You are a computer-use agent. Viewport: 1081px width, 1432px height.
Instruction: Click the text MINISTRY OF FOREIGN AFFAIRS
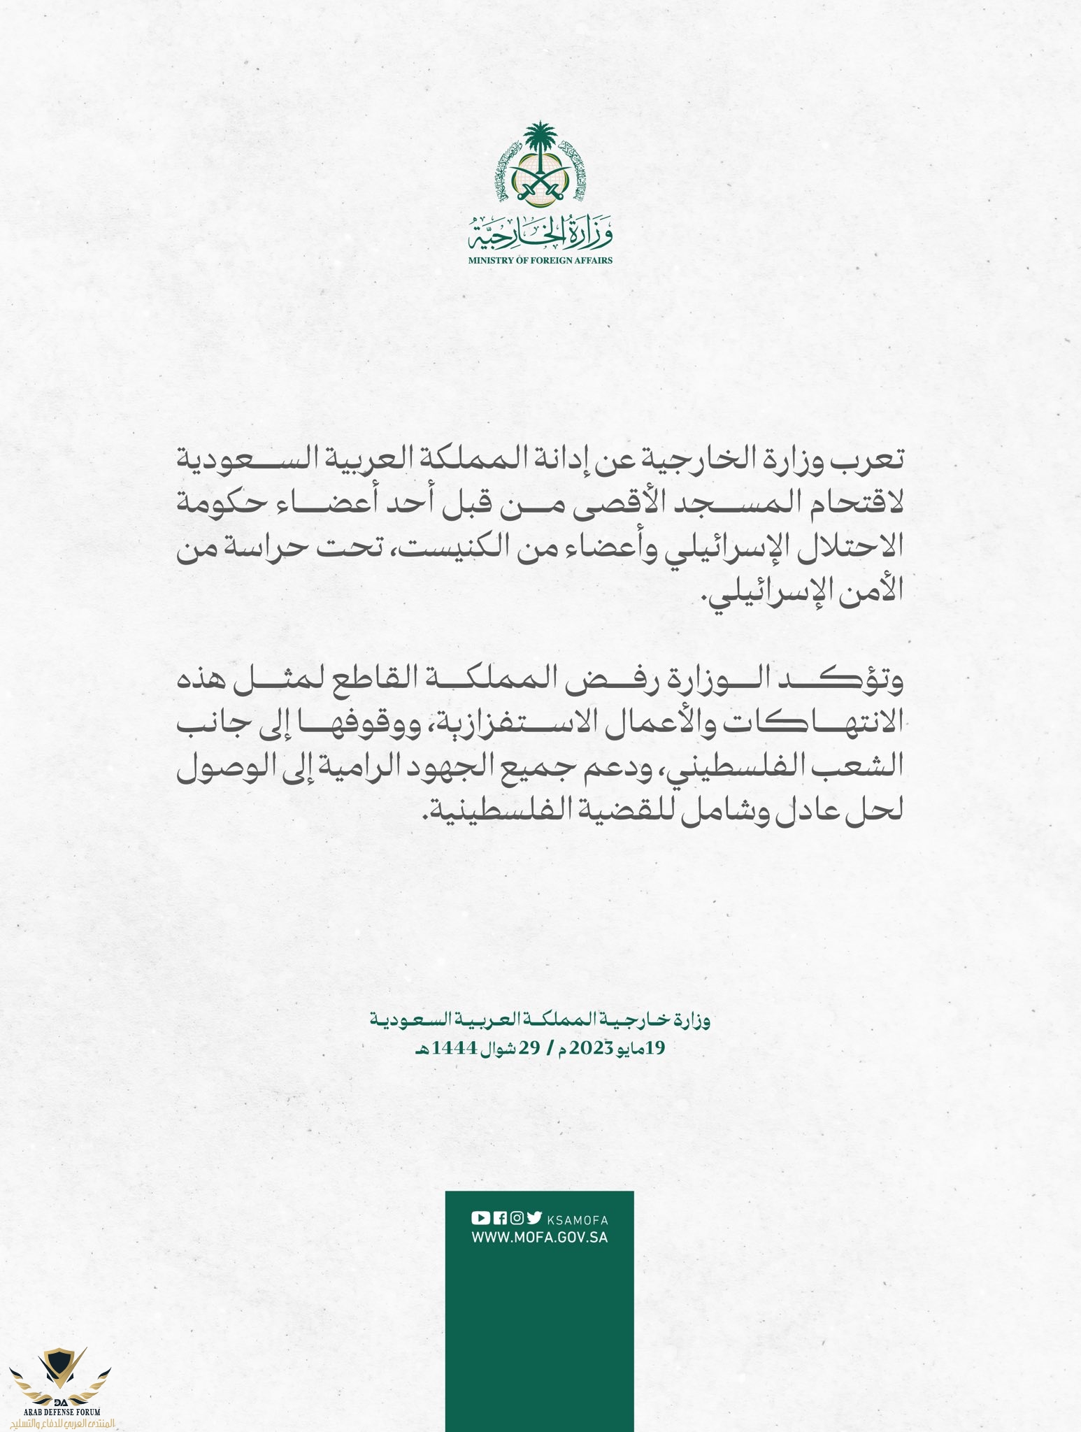point(540,260)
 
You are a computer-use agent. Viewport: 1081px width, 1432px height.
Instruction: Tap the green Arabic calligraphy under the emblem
point(540,234)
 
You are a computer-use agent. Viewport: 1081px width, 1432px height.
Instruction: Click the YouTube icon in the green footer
point(480,1217)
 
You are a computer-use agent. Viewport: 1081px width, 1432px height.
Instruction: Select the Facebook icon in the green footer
point(499,1217)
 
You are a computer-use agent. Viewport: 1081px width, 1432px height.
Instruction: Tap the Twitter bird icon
point(534,1217)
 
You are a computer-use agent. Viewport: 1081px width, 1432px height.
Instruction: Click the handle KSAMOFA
point(578,1220)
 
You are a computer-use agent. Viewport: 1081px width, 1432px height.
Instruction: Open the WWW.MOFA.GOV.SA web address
point(540,1237)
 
